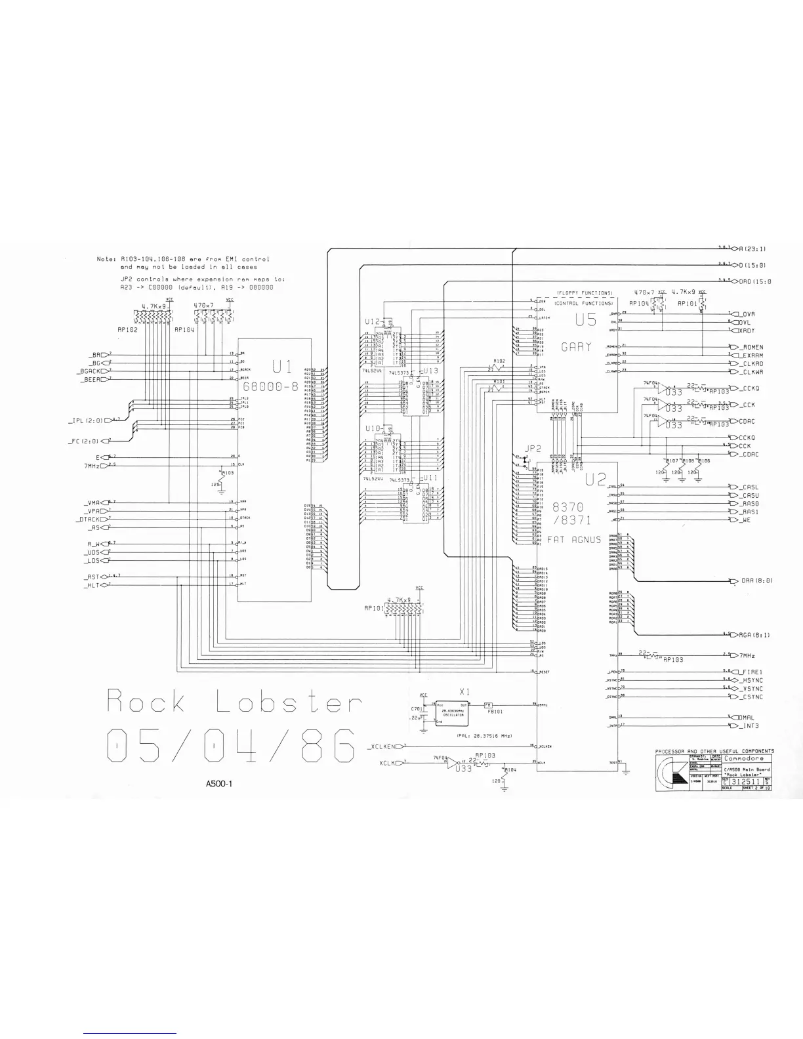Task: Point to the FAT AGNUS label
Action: [x=574, y=540]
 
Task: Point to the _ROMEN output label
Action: [x=749, y=347]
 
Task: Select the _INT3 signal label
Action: [x=747, y=725]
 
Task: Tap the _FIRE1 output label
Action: [x=749, y=672]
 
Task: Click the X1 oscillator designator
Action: [x=464, y=692]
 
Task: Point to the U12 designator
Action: [x=372, y=321]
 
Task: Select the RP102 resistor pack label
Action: [x=127, y=330]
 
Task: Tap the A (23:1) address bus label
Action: [x=752, y=249]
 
